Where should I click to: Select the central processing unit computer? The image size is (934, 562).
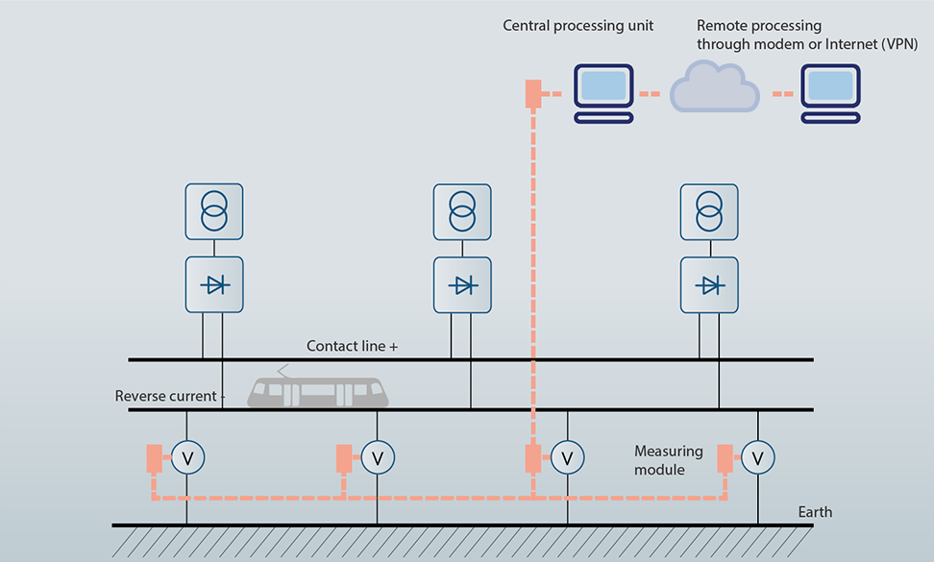(603, 91)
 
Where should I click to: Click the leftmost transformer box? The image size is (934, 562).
(213, 211)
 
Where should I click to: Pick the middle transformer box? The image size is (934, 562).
(462, 211)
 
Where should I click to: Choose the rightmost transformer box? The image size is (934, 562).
(709, 211)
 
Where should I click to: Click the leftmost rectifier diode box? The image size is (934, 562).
(213, 284)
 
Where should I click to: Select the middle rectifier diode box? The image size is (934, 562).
(462, 284)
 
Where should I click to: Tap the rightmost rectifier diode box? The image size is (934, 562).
(709, 284)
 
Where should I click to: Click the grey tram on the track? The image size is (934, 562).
(318, 390)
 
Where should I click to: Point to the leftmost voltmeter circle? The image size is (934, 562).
(187, 458)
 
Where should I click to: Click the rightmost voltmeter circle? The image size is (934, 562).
(758, 458)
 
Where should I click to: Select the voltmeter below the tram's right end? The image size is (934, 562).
(378, 458)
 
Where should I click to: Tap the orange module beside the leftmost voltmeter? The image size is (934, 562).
(154, 458)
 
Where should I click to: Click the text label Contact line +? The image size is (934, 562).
(352, 346)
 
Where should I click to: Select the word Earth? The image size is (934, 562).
(815, 512)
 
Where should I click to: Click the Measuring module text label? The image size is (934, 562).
(669, 460)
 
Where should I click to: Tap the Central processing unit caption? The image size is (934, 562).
(578, 26)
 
